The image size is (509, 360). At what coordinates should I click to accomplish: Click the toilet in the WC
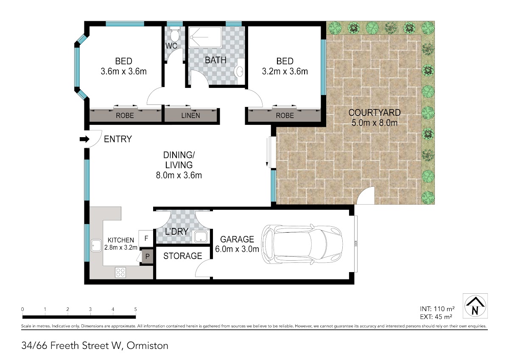tap(174, 34)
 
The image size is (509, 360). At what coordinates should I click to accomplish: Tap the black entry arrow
tap(84, 139)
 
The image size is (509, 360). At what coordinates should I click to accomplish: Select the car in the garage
tap(302, 245)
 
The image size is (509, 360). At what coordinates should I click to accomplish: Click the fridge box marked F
tap(146, 239)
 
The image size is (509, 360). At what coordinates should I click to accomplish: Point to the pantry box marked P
tap(147, 256)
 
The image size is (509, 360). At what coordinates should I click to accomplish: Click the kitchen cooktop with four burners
tap(120, 273)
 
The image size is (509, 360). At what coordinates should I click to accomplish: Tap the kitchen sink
tap(96, 246)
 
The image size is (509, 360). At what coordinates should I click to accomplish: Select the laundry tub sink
tap(201, 237)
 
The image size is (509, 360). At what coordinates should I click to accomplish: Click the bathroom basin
tap(239, 72)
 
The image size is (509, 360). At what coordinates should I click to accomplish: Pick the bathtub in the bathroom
tap(205, 37)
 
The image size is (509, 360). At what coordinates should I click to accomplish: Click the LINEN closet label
tap(190, 115)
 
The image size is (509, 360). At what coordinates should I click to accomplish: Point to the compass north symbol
tap(475, 306)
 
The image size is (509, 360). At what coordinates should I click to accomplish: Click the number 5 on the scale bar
tap(135, 309)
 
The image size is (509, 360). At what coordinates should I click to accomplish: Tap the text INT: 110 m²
tap(437, 309)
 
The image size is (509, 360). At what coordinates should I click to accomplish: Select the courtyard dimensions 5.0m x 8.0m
tap(375, 123)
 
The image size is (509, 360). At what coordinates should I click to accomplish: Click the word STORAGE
tap(183, 256)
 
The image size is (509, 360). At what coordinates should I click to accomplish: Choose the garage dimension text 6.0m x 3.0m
tap(237, 249)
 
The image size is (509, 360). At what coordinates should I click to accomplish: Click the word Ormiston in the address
tap(147, 346)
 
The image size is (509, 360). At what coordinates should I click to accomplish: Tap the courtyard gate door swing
tap(365, 196)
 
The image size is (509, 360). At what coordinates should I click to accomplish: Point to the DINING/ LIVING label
tap(179, 160)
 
